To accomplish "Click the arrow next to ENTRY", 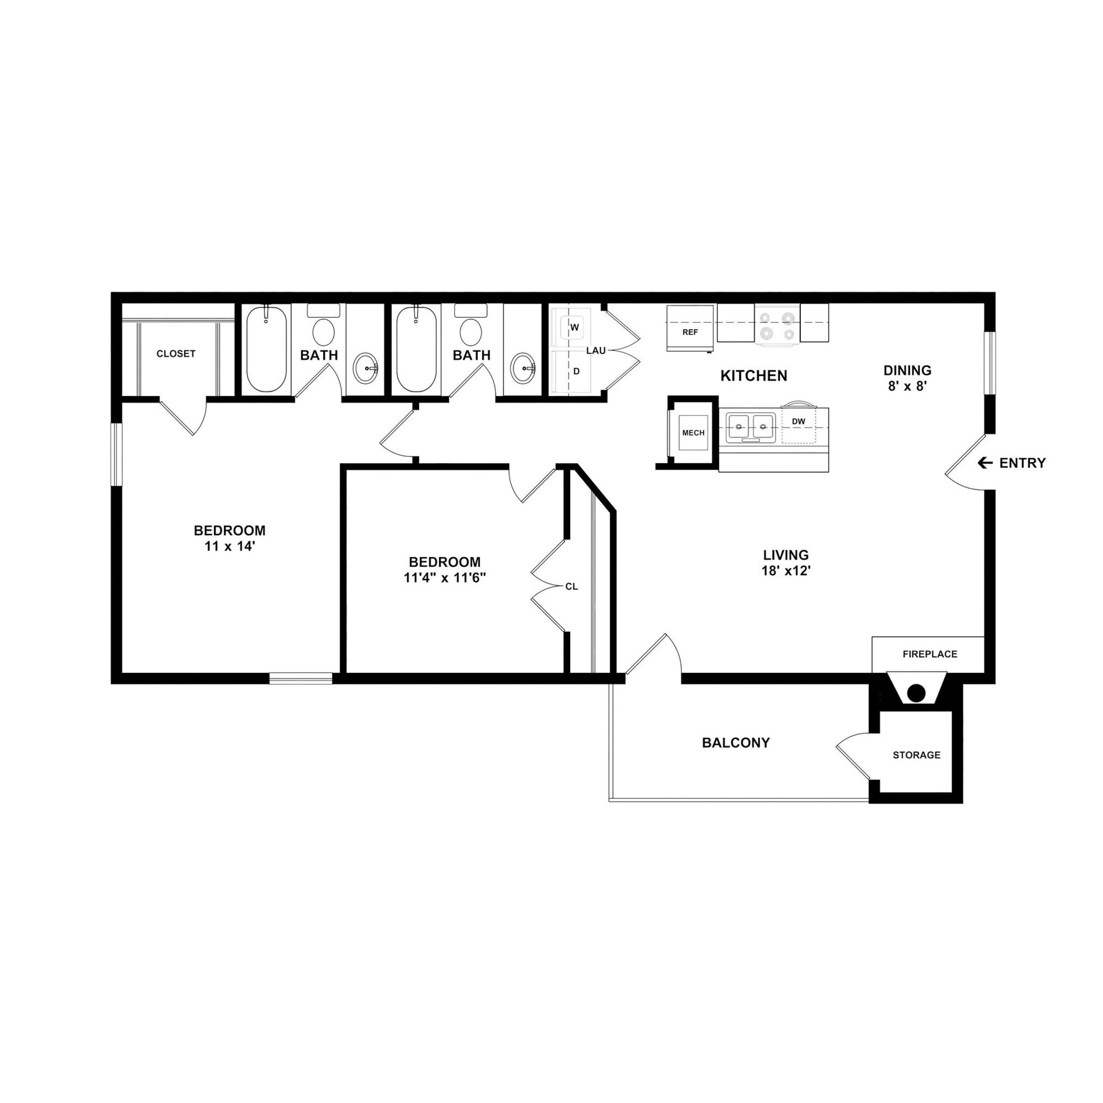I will pos(985,463).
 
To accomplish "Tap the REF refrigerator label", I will pos(690,332).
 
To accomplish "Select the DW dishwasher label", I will pos(799,422).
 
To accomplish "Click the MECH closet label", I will pos(694,434).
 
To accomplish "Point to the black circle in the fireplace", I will pos(916,694).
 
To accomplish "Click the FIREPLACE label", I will pos(930,654).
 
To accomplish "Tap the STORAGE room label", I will pos(916,755).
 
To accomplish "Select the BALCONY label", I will pos(736,743).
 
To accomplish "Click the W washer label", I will pos(575,327).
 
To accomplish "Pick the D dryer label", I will pos(577,371).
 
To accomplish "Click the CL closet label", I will pos(571,587).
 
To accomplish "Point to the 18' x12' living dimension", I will pos(786,570).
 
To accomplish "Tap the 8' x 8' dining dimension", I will pos(907,386).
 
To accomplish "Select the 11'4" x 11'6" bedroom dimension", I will pos(445,577).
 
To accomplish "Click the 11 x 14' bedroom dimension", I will pos(229,546).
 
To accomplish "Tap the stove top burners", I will pos(777,324).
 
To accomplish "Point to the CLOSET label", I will pos(176,354).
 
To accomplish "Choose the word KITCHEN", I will pos(753,376).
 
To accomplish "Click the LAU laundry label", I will pos(596,351).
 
